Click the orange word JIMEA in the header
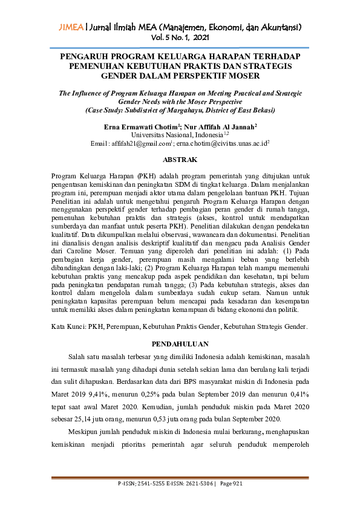(x=71, y=27)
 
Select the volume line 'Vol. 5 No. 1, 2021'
(x=180, y=37)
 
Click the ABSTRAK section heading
(x=181, y=160)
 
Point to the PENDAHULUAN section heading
(x=180, y=343)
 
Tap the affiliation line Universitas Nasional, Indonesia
(x=178, y=135)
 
